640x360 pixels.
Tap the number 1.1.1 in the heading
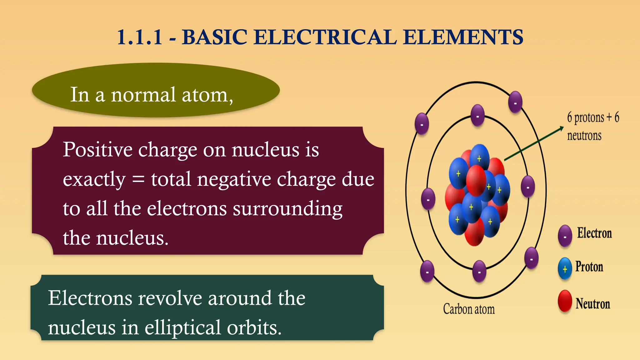(x=140, y=37)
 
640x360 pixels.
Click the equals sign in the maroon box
(x=138, y=179)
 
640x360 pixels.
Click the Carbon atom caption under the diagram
(x=469, y=309)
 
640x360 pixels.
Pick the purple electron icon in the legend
(x=565, y=236)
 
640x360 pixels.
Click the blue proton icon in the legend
(x=565, y=268)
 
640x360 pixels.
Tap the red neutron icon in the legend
(x=565, y=301)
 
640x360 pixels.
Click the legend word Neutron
(x=593, y=304)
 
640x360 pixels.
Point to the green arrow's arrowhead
(x=562, y=128)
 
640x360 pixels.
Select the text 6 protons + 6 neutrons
(x=593, y=126)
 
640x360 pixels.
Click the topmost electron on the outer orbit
(x=515, y=102)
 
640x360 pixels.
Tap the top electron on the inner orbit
(x=477, y=115)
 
